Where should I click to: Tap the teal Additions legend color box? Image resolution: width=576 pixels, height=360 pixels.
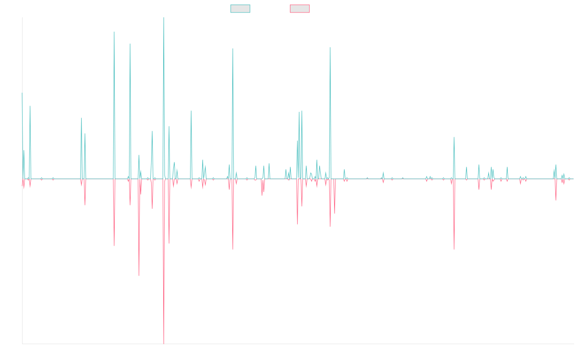coord(240,9)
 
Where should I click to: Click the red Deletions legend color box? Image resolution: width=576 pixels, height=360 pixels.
coord(300,9)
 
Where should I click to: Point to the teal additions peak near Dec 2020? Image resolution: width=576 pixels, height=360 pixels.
coord(330,48)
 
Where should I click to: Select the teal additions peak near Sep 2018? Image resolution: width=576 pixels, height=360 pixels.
coord(233,48)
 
